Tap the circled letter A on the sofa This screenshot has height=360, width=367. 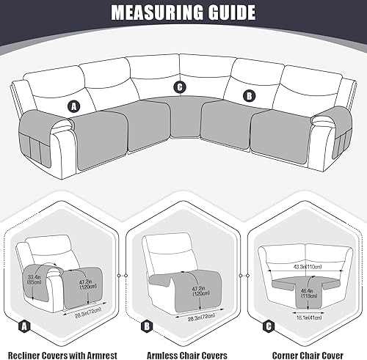pos(73,106)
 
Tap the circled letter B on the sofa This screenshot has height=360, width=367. pos(249,95)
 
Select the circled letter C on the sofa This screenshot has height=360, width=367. pos(180,87)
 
